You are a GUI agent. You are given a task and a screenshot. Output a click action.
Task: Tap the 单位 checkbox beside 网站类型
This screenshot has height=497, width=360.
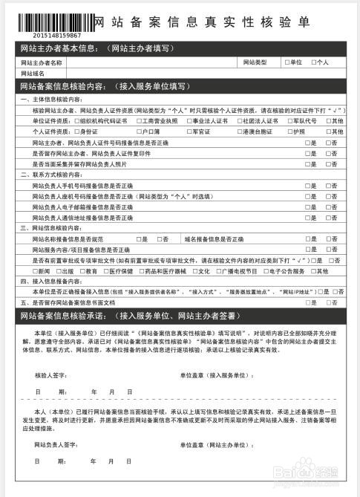coord(287,62)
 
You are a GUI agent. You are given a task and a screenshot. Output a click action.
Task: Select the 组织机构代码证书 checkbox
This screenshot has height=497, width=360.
coord(76,120)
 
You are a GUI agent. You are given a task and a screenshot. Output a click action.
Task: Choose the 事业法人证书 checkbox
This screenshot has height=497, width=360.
coord(189,120)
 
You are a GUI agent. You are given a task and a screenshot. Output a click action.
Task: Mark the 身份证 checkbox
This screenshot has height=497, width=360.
coord(76,131)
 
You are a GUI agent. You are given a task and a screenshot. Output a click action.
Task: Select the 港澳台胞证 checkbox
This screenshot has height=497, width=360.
coord(238,131)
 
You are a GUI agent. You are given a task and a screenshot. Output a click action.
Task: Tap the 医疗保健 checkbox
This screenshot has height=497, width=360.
coord(106,271)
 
